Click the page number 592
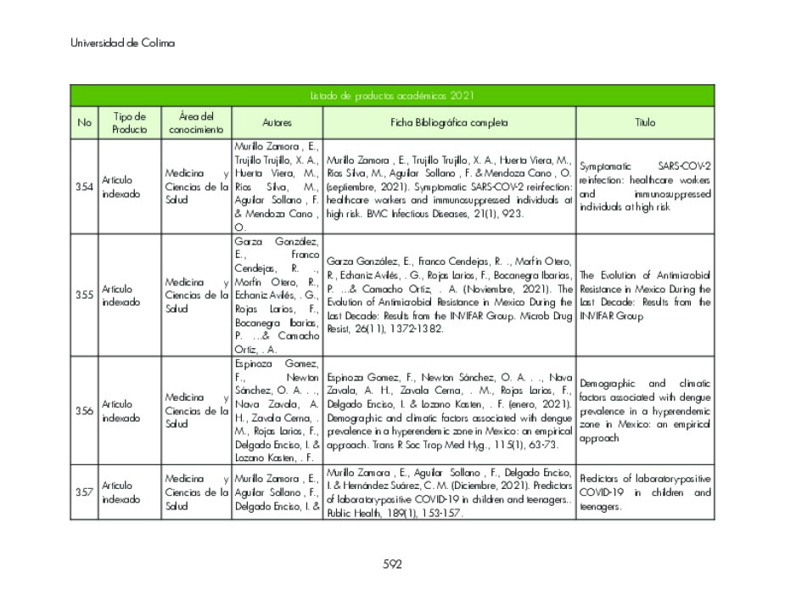392,564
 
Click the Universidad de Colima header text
122,42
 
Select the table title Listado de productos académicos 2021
391,96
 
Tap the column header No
84,123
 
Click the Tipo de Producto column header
129,123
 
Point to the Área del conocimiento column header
196,123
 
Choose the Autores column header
277,123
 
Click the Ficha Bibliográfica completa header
449,123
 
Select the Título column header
645,123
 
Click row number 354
84,187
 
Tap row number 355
84,295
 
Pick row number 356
84,411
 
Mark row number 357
84,492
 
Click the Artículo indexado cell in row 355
121,295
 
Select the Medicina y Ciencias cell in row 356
196,410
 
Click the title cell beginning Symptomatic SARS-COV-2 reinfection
645,186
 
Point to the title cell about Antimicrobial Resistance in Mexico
645,295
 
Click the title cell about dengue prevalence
645,411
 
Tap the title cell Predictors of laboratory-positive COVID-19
645,492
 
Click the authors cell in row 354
277,187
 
